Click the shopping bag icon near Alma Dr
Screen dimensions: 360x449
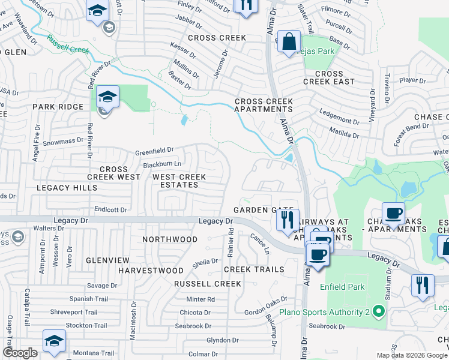pos(289,42)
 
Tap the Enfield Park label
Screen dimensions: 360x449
pos(342,287)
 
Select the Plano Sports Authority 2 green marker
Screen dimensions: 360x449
pos(378,311)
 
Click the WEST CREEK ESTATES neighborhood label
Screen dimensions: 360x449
pos(179,181)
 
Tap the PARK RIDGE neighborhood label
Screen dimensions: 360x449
pos(58,107)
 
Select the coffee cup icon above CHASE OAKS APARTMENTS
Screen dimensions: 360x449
pos(393,213)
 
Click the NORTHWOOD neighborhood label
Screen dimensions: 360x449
pos(170,239)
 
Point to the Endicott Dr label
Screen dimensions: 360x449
pos(111,209)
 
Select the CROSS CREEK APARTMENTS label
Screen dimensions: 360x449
pos(263,106)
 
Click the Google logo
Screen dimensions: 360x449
pos(20,353)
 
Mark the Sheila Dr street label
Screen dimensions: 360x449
pos(205,262)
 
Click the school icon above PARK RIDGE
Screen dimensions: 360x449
pos(107,97)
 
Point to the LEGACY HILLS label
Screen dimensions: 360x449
pos(67,188)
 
